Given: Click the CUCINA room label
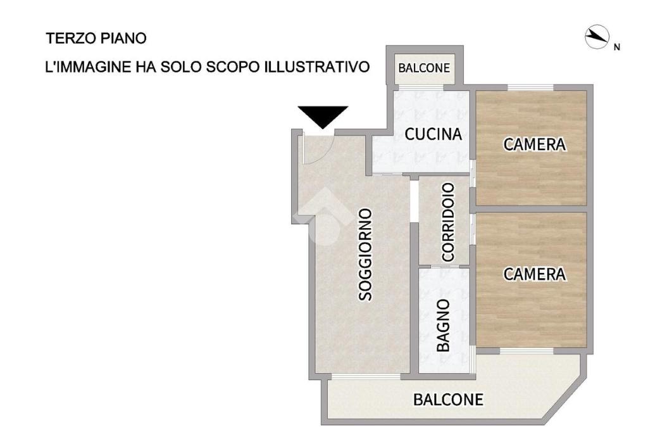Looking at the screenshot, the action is point(433,134).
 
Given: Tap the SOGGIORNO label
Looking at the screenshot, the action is point(365,255).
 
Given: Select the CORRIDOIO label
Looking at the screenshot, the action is point(448,222).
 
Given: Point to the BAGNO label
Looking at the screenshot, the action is point(443,326).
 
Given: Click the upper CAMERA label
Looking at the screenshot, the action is point(534,144).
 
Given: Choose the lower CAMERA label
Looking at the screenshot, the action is point(534,274).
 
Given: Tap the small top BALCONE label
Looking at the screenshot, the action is point(424,68).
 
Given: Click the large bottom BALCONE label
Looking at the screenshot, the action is point(449,400).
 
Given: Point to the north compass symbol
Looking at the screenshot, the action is point(597,37).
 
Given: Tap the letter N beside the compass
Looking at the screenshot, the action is point(617,47).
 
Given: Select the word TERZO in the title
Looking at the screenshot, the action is point(71,38).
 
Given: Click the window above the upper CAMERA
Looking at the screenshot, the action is point(531,87).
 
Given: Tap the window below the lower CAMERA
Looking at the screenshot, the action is point(527,351).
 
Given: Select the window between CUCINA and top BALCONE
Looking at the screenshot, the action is point(420,87).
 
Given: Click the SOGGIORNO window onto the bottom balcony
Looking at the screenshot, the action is point(366,376).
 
